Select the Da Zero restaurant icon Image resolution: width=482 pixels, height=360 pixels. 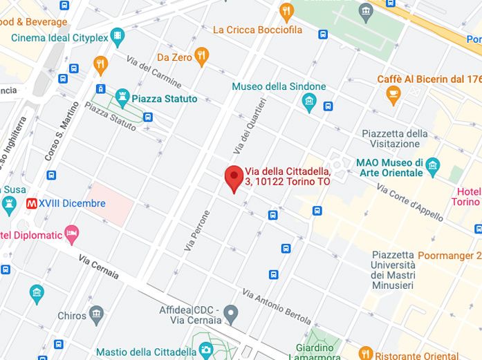click(x=201, y=56)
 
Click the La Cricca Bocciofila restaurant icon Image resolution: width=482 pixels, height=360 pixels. click(x=286, y=12)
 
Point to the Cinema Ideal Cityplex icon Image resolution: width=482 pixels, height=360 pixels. click(x=118, y=36)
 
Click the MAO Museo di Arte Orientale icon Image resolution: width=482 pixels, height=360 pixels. click(x=433, y=166)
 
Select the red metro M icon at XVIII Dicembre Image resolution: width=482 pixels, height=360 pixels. click(x=31, y=204)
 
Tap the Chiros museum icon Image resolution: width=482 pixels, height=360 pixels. click(x=98, y=315)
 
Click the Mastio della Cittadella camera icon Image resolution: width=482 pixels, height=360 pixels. click(x=205, y=351)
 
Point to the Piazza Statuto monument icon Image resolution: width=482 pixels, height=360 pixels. click(x=122, y=98)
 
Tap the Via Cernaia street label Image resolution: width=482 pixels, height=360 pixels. click(x=98, y=267)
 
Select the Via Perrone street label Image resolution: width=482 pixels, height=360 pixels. click(x=196, y=230)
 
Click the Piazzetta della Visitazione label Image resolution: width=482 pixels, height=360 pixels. click(x=395, y=139)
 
